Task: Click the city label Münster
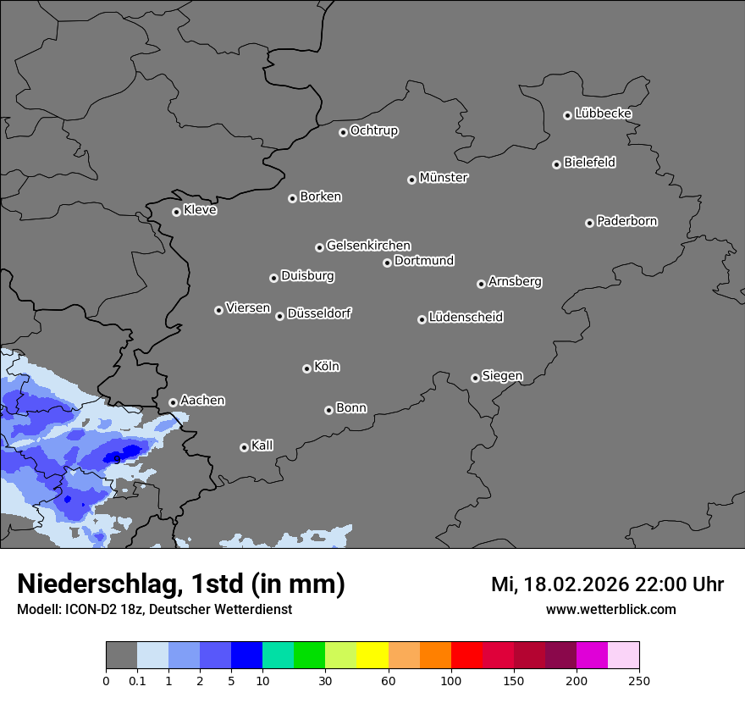(444, 178)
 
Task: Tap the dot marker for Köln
(306, 368)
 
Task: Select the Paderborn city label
(626, 221)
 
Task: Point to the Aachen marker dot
(173, 403)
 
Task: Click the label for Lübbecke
(603, 113)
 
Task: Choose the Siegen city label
(502, 376)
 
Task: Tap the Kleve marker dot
(176, 212)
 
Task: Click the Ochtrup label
(373, 130)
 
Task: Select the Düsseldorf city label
(319, 313)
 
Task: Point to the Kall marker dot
(244, 447)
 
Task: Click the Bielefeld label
(589, 163)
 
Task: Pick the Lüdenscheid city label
(466, 318)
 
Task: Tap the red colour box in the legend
(466, 656)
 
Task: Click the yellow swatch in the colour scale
(372, 656)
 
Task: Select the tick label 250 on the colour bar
(638, 679)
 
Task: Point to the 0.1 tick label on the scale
(137, 679)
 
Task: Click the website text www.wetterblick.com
(610, 610)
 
